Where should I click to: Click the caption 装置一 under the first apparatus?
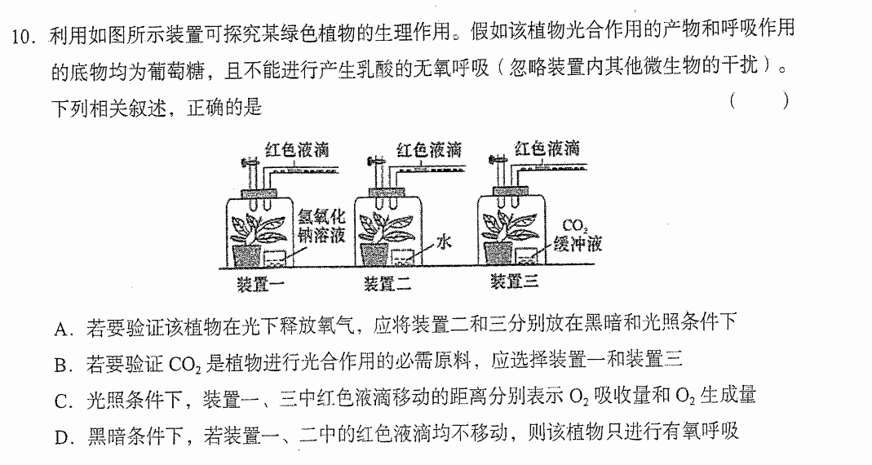(x=259, y=284)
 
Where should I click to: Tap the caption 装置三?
(x=514, y=281)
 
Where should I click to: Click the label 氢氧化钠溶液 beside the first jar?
(x=322, y=226)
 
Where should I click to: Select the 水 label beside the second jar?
(x=443, y=242)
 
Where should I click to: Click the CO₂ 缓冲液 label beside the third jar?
(x=578, y=235)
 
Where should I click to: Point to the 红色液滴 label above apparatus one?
(x=297, y=150)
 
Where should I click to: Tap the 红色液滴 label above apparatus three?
(x=547, y=148)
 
